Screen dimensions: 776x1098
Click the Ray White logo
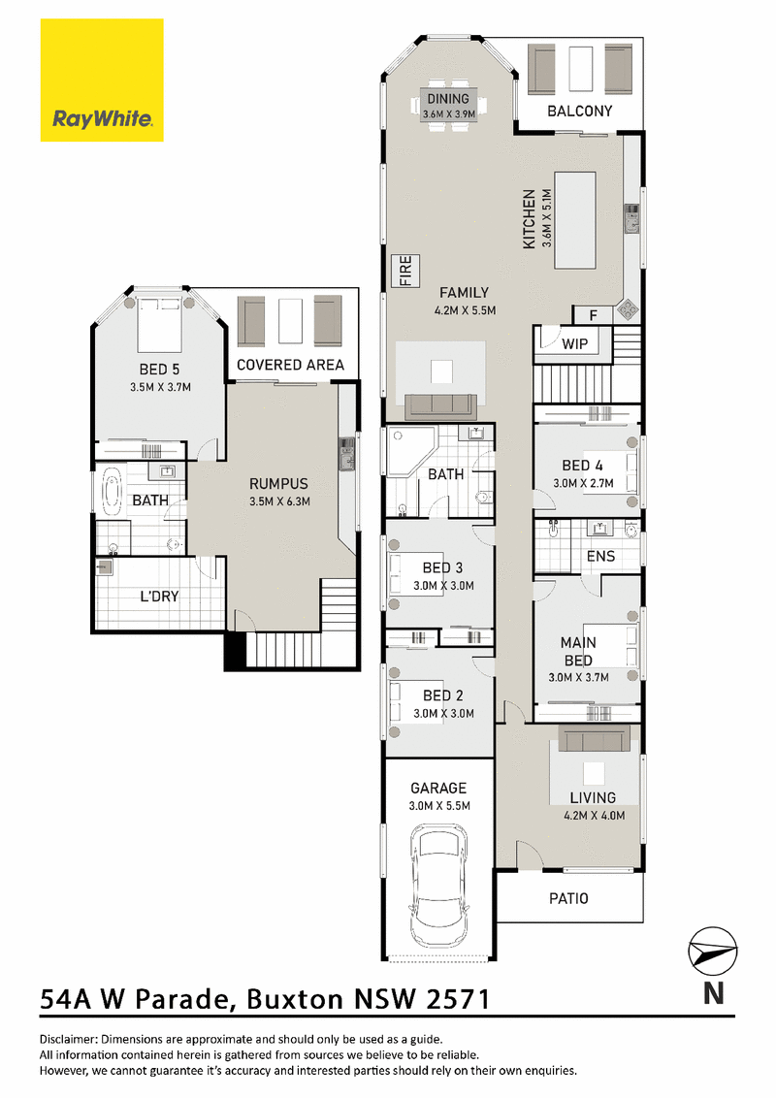102,81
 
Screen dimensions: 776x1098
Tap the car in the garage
438,886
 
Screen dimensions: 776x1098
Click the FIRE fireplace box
405,271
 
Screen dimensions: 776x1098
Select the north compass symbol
713,951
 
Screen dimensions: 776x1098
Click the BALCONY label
580,111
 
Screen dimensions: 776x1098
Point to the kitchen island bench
575,220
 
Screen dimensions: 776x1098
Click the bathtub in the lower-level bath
113,492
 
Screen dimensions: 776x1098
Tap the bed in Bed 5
160,325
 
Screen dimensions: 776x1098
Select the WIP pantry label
575,343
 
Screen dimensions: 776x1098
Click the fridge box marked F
594,315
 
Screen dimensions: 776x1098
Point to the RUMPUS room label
278,484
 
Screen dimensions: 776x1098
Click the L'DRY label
160,597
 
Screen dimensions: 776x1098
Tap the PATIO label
568,898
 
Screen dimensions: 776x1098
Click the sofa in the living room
594,738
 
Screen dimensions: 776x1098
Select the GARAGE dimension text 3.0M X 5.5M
439,806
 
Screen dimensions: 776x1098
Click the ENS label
600,557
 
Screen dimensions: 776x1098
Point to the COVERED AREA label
291,365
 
